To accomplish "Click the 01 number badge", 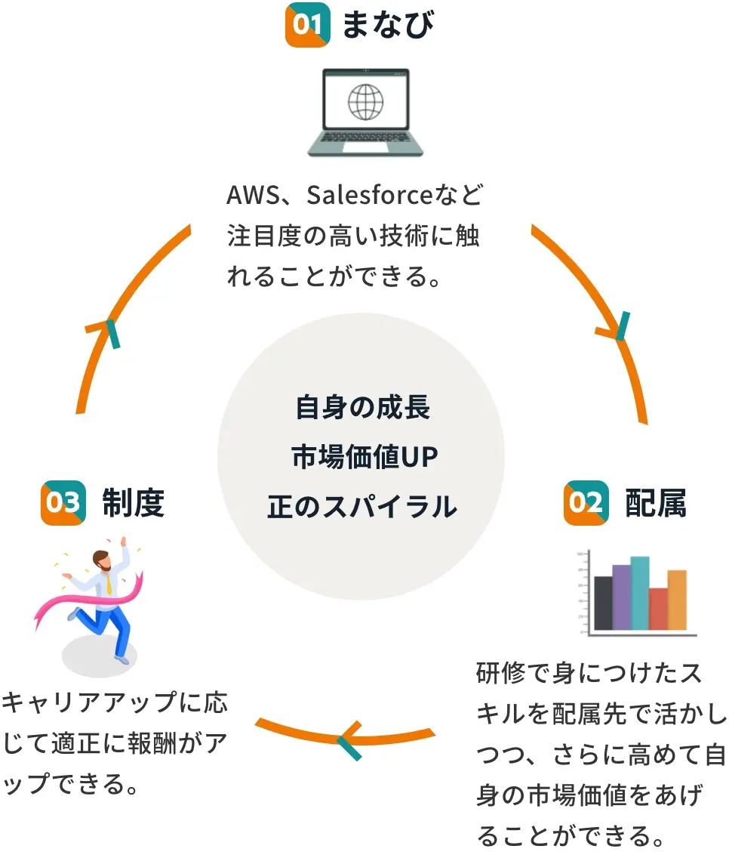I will pyautogui.click(x=307, y=25).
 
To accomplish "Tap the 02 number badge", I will pyautogui.click(x=585, y=502).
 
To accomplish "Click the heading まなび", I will pyautogui.click(x=388, y=25).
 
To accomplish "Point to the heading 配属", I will pyautogui.click(x=655, y=503).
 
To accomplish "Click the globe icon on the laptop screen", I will pyautogui.click(x=365, y=100).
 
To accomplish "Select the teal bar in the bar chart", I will pyautogui.click(x=639, y=593).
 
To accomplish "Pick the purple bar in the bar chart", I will pyautogui.click(x=621, y=597).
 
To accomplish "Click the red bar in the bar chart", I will pyautogui.click(x=658, y=609).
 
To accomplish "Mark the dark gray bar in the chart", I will pyautogui.click(x=603, y=603).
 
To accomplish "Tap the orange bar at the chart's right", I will pyautogui.click(x=677, y=600).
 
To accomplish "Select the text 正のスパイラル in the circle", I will pyautogui.click(x=362, y=506).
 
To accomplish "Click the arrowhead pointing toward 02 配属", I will pyautogui.click(x=617, y=331).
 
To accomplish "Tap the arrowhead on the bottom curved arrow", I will pyautogui.click(x=347, y=739).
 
